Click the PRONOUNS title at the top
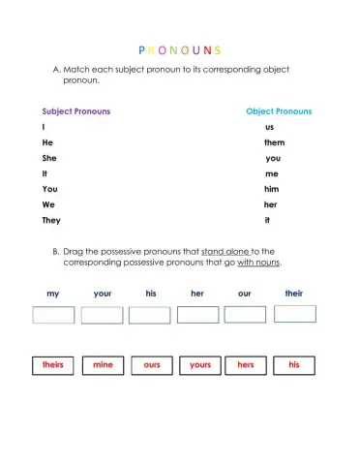tap(180, 49)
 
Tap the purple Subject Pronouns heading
tap(75, 111)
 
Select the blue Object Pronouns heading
tap(279, 111)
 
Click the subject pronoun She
tap(48, 158)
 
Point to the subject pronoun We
tap(47, 204)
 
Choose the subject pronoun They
tap(50, 220)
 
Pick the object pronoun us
tap(269, 127)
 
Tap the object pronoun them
tap(274, 142)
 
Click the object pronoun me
tap(271, 173)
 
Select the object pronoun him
tap(272, 189)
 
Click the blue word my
tap(52, 293)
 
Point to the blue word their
tap(294, 293)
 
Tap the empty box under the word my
tap(53, 315)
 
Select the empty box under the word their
tap(294, 314)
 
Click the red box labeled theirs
tap(53, 365)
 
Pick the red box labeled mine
tap(103, 365)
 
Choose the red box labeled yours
tap(199, 365)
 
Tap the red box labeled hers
tap(246, 365)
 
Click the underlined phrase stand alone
tap(225, 251)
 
